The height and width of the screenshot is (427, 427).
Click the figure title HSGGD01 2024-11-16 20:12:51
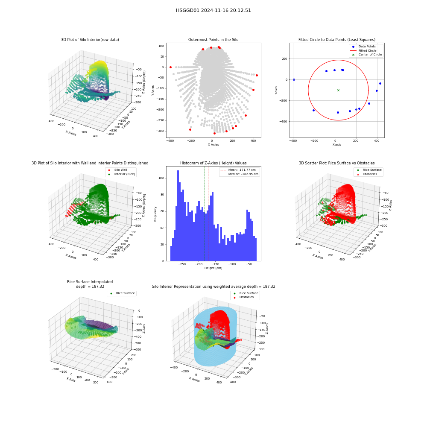[x=213, y=10]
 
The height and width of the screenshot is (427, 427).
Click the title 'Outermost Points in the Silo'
[x=213, y=39]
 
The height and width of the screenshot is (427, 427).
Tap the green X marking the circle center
[x=338, y=90]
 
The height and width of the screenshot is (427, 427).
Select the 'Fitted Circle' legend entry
[x=367, y=50]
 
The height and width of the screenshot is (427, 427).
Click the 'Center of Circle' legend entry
[x=367, y=55]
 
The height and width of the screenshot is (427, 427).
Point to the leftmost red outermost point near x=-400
[x=170, y=67]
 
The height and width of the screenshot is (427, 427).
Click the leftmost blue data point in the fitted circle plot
[x=294, y=79]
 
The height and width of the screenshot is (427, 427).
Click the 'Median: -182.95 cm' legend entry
[x=240, y=174]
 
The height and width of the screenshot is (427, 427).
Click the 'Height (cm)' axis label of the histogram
[x=213, y=268]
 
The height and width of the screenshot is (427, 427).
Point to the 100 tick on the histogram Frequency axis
[x=161, y=178]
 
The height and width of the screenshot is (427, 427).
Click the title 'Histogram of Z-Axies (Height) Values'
[x=213, y=163]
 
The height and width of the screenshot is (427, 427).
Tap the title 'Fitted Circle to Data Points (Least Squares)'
[x=337, y=39]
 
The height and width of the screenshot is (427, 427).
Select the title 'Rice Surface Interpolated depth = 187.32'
[x=90, y=284]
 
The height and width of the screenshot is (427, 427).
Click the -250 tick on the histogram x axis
[x=181, y=264]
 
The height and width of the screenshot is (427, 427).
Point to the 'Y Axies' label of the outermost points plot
[x=153, y=90]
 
